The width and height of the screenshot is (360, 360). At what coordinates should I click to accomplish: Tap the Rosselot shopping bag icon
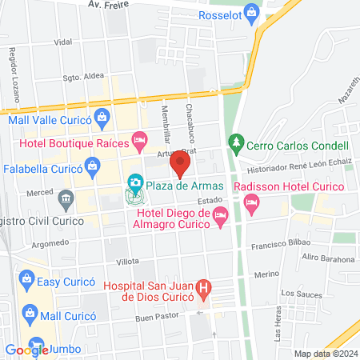pyautogui.click(x=252, y=11)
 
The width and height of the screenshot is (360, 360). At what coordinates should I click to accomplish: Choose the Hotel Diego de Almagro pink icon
pyautogui.click(x=222, y=215)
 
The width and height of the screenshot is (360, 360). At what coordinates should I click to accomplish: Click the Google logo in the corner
pyautogui.click(x=27, y=350)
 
